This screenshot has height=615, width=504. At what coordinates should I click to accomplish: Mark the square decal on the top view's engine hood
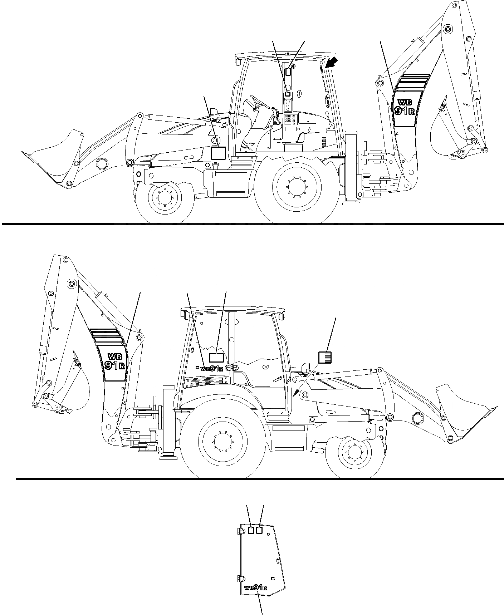[x=218, y=153]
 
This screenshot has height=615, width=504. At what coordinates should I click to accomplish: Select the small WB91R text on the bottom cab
[x=212, y=369]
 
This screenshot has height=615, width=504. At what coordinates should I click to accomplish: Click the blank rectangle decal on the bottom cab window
[x=216, y=358]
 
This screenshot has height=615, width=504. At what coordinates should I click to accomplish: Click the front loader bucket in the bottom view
[x=465, y=411]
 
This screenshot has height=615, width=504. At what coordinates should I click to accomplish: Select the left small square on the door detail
[x=251, y=530]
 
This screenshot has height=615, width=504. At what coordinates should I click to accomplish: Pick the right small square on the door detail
[x=260, y=530]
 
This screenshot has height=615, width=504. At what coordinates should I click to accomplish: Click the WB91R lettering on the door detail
[x=255, y=587]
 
